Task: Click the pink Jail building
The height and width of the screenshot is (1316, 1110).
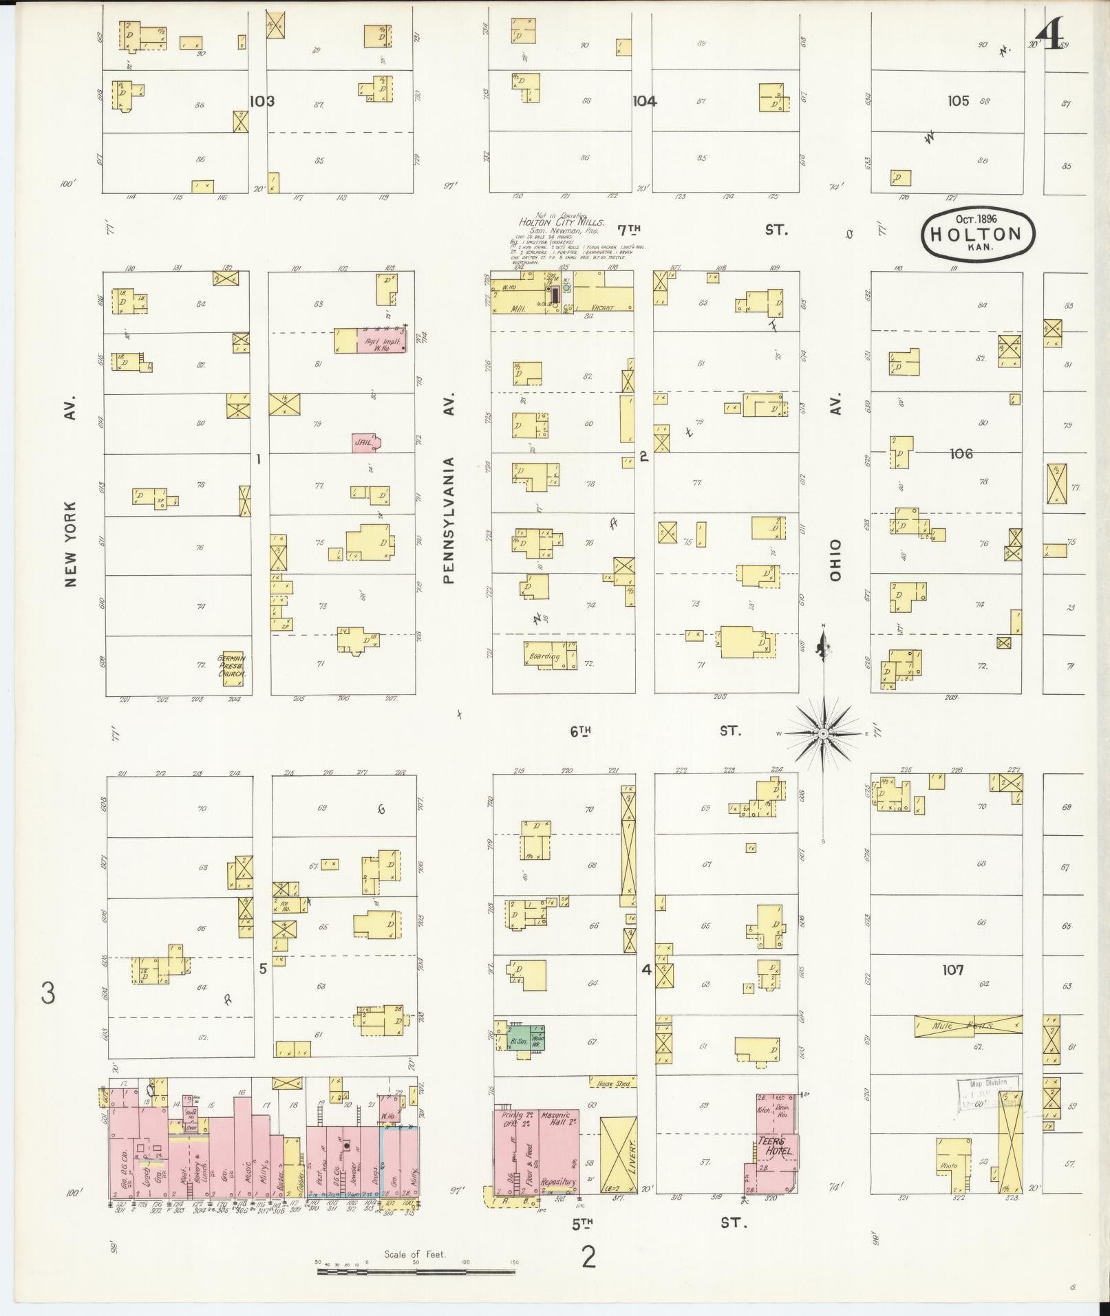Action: (365, 442)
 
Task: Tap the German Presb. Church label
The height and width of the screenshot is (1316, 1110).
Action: (232, 666)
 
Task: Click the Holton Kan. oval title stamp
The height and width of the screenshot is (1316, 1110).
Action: (978, 233)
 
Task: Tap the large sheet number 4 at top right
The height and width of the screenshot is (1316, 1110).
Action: (1051, 34)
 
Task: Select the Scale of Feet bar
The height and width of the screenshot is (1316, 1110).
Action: (416, 1272)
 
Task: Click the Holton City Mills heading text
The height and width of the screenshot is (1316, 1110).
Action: (562, 223)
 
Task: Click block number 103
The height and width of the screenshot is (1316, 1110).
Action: (262, 101)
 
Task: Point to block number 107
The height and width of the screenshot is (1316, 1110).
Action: (952, 969)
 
